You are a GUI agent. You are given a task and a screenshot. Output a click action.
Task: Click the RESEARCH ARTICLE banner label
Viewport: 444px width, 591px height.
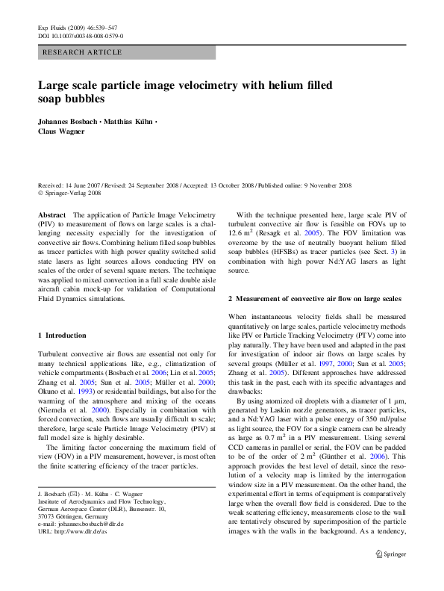(x=84, y=52)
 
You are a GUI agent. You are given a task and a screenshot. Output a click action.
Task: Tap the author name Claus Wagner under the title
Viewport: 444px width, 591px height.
(x=64, y=131)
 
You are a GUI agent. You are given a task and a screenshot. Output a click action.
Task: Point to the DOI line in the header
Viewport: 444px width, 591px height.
(x=81, y=35)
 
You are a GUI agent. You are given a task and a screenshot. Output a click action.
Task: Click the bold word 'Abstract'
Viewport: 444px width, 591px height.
(x=51, y=214)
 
